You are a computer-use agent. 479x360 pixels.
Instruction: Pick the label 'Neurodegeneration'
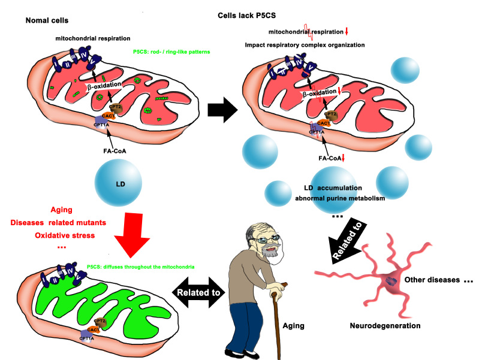[384, 326]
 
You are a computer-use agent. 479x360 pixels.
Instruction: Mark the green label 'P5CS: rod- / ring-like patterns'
[177, 51]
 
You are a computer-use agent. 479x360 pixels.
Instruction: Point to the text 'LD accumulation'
[327, 187]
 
